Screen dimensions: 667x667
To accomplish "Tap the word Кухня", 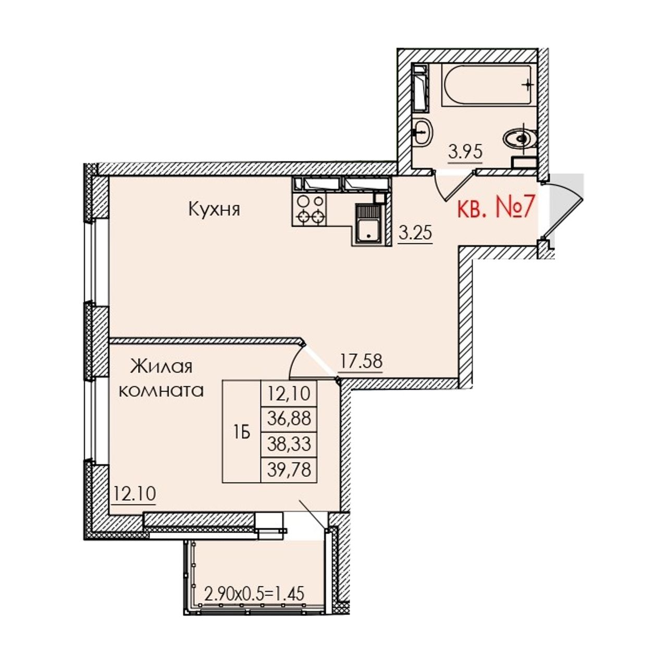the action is pyautogui.click(x=214, y=210).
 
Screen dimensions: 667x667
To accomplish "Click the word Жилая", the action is pyautogui.click(x=161, y=367).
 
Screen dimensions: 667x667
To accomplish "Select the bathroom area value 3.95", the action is pyautogui.click(x=465, y=152).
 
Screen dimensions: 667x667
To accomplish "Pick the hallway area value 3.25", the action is pyautogui.click(x=415, y=233).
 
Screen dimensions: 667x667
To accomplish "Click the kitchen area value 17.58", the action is pyautogui.click(x=361, y=362).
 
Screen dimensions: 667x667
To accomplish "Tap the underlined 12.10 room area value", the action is pyautogui.click(x=134, y=494).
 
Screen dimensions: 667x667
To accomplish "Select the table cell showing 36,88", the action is pyautogui.click(x=289, y=418).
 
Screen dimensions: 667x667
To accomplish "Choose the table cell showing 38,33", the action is pyautogui.click(x=289, y=444).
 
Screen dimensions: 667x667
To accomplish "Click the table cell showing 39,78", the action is pyautogui.click(x=289, y=470).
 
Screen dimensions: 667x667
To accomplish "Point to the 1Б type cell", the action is pyautogui.click(x=242, y=431).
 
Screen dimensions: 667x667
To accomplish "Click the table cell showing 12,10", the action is pyautogui.click(x=289, y=393).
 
